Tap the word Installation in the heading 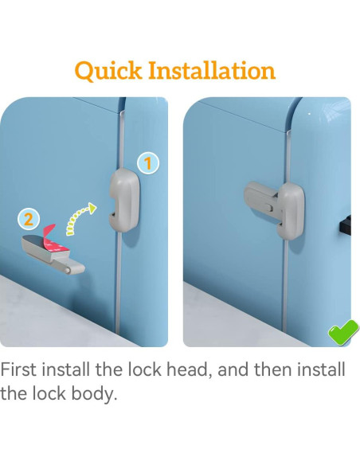point(213,70)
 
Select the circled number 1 point(147,164)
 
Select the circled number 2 point(28,218)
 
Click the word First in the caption point(23,370)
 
